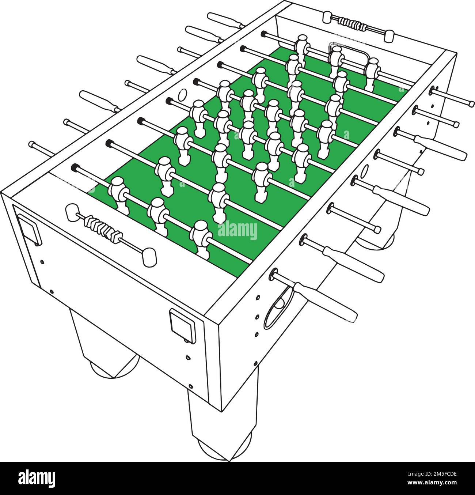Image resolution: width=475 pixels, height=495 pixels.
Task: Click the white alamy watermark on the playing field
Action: click(237, 231)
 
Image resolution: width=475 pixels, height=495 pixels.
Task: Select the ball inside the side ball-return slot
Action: click(280, 304)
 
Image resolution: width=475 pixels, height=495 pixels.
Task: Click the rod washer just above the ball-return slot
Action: click(274, 275)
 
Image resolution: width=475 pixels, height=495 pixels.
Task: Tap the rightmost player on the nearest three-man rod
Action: click(202, 236)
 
